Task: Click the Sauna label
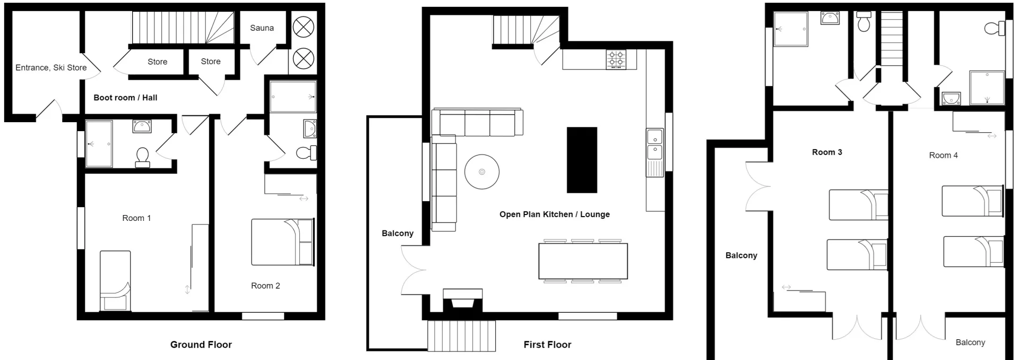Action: (x=262, y=28)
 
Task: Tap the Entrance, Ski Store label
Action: (x=51, y=67)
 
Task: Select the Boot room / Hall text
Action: (x=125, y=98)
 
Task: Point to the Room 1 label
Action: (x=136, y=218)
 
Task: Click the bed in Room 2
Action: (x=282, y=242)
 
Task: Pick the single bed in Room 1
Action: (x=115, y=281)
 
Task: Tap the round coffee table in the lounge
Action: (x=482, y=172)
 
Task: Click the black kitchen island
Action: (x=582, y=160)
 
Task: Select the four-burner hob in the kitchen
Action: (x=616, y=59)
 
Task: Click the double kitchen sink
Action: (x=654, y=144)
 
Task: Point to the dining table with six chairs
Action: (x=583, y=261)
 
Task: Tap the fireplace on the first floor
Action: (x=463, y=301)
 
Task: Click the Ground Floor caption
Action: (x=201, y=345)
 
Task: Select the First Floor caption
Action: (x=547, y=345)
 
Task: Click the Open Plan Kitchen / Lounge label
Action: (x=555, y=215)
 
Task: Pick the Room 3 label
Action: (x=827, y=152)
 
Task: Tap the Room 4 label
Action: (x=943, y=156)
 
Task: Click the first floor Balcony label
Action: (x=398, y=234)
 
